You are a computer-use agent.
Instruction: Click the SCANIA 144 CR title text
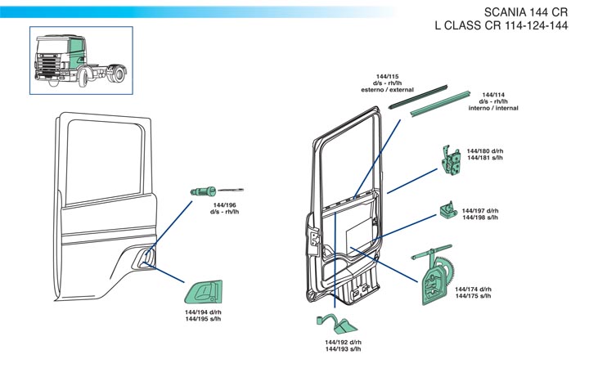click(x=526, y=12)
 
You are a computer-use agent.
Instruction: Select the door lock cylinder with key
click(x=205, y=190)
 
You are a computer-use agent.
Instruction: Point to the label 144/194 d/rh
click(x=203, y=312)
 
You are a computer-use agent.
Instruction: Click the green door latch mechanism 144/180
click(x=450, y=159)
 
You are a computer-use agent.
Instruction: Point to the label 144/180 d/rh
click(x=485, y=151)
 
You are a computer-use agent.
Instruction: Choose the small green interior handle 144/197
click(x=447, y=211)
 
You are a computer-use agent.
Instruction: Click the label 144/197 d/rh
click(x=480, y=211)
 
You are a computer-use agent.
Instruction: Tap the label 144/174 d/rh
click(x=473, y=289)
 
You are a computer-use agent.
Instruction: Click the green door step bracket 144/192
click(x=334, y=321)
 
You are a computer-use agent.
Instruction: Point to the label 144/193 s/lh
click(x=343, y=349)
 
